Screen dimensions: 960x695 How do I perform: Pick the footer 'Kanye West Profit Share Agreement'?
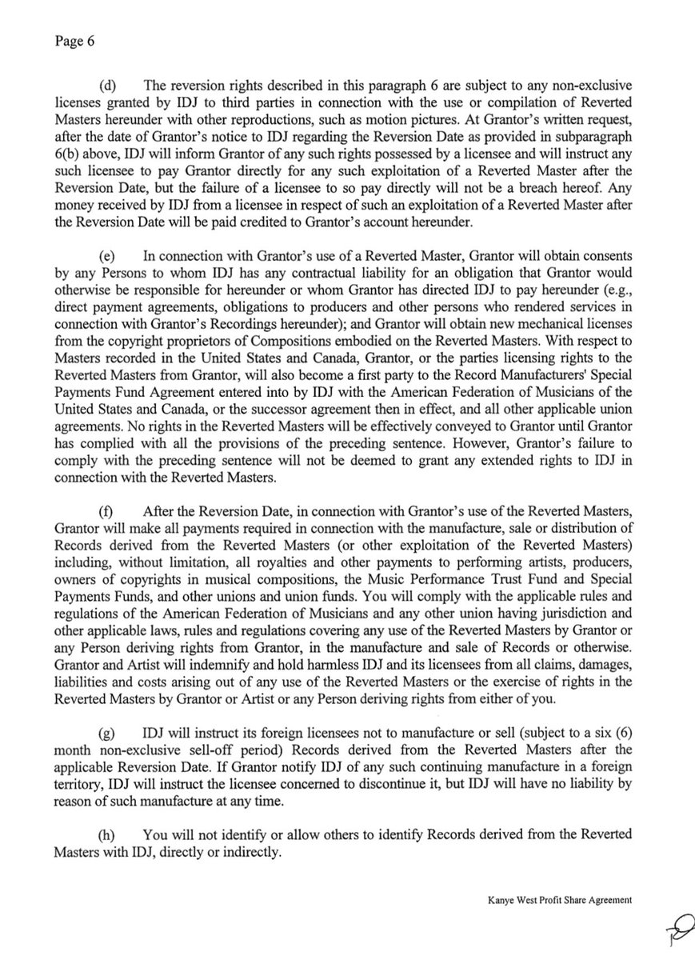click(x=560, y=898)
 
